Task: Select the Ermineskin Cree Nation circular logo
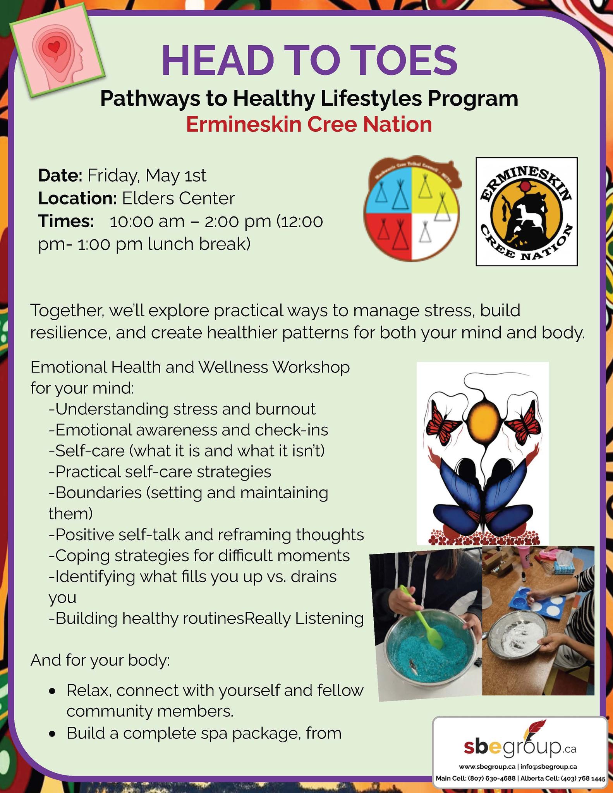[527, 211]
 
